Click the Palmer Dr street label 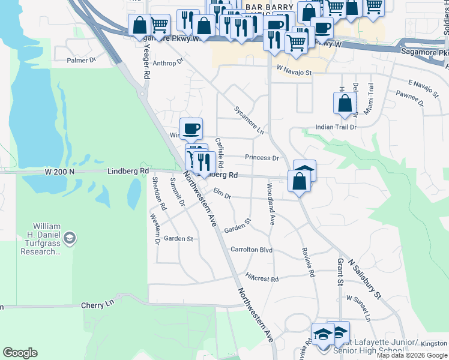[x=82, y=61]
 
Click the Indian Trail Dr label [x=336, y=127]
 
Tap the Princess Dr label [x=262, y=158]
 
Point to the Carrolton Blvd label [x=252, y=250]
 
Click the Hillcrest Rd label [x=262, y=279]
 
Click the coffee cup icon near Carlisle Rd [x=191, y=128]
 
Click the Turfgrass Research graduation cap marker [x=70, y=238]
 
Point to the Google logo [x=20, y=353]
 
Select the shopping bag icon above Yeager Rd [x=139, y=25]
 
